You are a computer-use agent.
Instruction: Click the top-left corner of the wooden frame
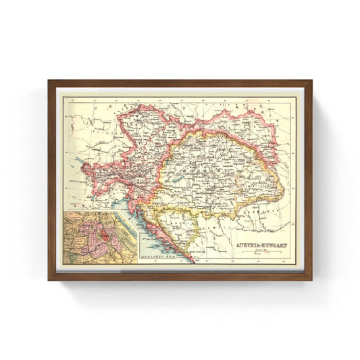pyautogui.click(x=49, y=81)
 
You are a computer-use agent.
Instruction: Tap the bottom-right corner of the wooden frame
pyautogui.click(x=311, y=279)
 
